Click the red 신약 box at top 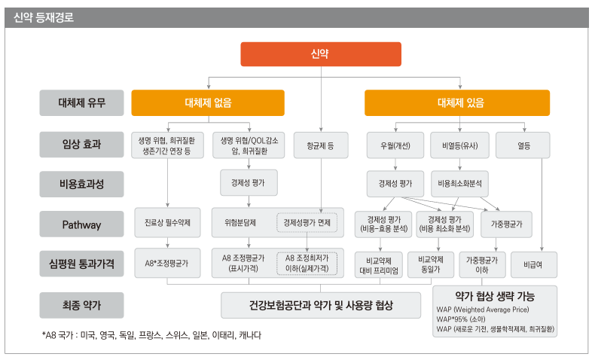pos(321,54)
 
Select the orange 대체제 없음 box pos(208,102)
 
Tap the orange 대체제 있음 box pos(457,102)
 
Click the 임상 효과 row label pos(81,145)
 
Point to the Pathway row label pos(81,224)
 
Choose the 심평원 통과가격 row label pos(81,264)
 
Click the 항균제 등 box pos(321,145)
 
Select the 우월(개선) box pos(395,145)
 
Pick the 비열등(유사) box pos(459,145)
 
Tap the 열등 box pos(523,145)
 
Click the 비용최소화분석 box pos(459,184)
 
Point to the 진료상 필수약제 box pos(167,223)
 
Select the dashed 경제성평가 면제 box pos(307,223)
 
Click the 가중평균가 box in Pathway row pos(506,224)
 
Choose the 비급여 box pos(534,265)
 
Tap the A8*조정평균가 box pos(167,264)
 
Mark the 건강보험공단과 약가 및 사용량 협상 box pos(321,305)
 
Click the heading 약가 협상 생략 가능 pos(495,296)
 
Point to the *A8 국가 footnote pos(151,335)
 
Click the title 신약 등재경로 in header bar pos(44,17)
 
